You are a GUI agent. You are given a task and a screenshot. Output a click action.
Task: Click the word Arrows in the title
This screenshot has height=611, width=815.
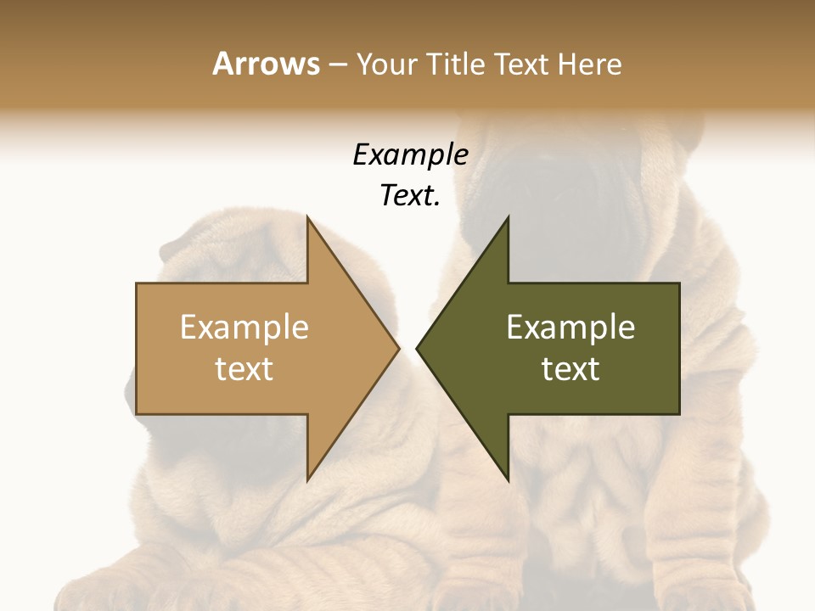point(267,64)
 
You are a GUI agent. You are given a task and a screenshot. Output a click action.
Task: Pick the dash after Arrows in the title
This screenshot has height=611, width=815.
point(337,65)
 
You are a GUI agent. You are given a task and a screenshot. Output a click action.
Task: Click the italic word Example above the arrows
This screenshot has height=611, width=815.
point(410,155)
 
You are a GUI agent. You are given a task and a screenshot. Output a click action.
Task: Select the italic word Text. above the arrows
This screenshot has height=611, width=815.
point(410,195)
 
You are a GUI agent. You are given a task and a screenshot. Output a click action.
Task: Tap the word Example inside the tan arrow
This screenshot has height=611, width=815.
point(244,327)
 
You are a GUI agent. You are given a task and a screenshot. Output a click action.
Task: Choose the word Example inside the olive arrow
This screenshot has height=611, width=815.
point(570,327)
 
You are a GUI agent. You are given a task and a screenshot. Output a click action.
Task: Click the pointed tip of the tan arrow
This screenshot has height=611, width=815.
point(398,348)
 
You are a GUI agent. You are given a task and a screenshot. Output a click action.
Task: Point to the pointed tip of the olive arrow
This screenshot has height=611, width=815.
point(418,348)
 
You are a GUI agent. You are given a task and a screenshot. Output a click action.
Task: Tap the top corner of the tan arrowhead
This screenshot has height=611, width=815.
point(308,217)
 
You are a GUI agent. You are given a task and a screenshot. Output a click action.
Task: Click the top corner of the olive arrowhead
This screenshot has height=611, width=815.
point(508,217)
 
